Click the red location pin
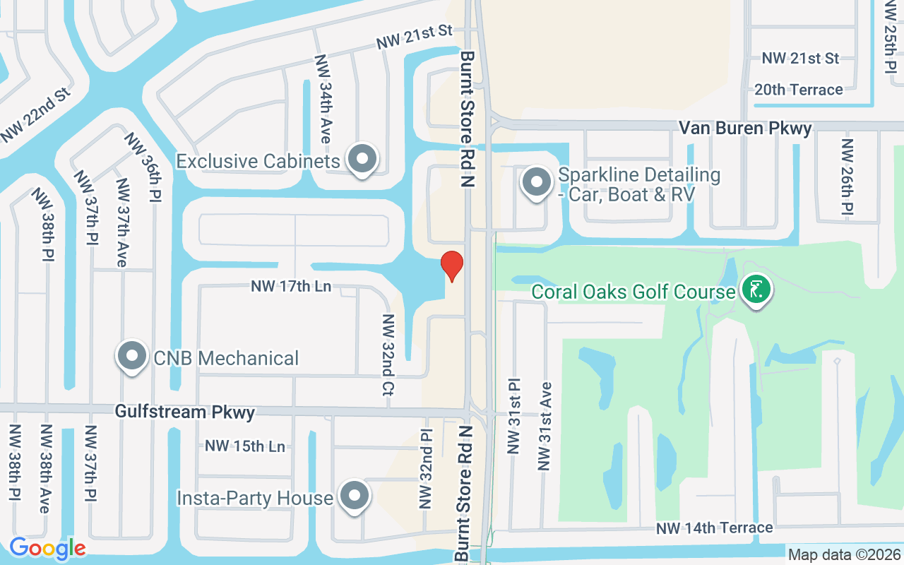tap(452, 266)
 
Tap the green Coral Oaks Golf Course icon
tap(756, 290)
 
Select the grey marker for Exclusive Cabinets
tap(363, 160)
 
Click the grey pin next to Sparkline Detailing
tap(537, 182)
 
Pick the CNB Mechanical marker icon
tap(132, 357)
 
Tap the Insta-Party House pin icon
tap(354, 496)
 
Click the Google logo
tap(47, 548)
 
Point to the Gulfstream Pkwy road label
tap(184, 412)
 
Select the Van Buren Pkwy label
tap(745, 129)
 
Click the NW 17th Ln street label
tap(291, 287)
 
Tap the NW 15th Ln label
tap(245, 446)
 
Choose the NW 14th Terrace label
tap(714, 528)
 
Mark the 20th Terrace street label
tap(798, 90)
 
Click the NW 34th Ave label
tap(323, 99)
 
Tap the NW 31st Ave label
tap(545, 427)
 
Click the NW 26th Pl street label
tap(847, 177)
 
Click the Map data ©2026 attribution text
tap(845, 555)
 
